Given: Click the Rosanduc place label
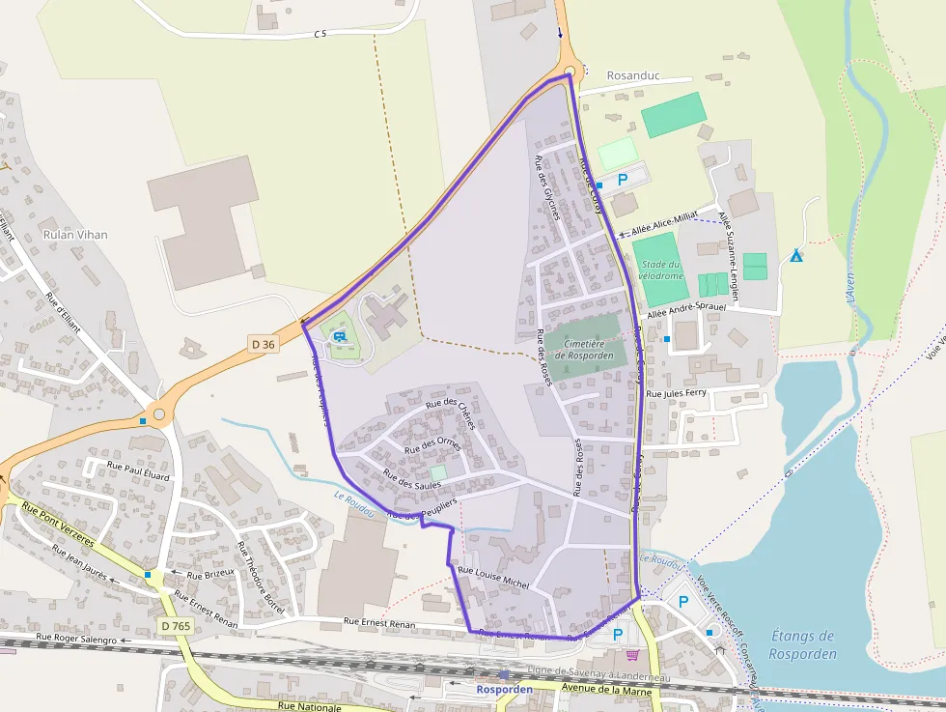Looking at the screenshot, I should tap(634, 75).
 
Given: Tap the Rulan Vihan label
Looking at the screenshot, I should tap(75, 235).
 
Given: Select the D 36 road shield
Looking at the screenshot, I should tap(263, 343).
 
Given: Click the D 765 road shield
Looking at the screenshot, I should tap(177, 627).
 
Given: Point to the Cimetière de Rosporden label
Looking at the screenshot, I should tap(585, 350).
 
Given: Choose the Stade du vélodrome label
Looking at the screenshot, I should tap(660, 271).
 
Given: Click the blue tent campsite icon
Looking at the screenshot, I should tap(796, 256).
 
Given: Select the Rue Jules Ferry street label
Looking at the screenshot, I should tap(676, 394).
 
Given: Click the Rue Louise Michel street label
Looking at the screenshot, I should tap(494, 577).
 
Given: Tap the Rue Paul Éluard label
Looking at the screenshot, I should tap(138, 476).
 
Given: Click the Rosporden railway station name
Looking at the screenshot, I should tap(504, 690).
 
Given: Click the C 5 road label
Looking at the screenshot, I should tap(320, 34).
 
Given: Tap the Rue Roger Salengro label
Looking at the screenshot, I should tap(76, 639).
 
